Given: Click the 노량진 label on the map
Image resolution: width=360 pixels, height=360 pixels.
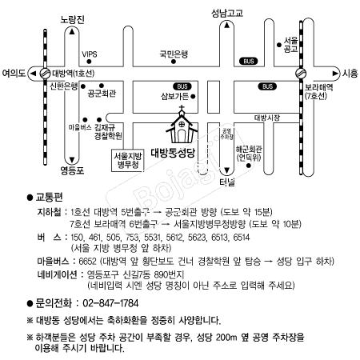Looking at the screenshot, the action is tap(72, 19).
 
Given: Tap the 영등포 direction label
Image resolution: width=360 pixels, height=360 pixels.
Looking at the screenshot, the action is tap(72, 170).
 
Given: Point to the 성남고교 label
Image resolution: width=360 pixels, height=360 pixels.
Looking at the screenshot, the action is tap(227, 13).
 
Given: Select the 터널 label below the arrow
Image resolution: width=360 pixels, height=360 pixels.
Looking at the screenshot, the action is tap(227, 182).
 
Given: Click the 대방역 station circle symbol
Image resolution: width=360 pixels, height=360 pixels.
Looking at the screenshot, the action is tap(45, 74).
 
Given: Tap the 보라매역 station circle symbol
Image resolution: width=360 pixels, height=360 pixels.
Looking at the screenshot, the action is tap(301, 74).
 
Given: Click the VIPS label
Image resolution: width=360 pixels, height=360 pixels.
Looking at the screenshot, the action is tap(90, 54).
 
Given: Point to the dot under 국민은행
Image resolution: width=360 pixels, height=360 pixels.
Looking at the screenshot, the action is tap(174, 62).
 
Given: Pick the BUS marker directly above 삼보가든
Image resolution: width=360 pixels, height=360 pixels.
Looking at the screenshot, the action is tap(182, 86).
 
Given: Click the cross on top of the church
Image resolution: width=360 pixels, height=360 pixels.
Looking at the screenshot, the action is tap(182, 108).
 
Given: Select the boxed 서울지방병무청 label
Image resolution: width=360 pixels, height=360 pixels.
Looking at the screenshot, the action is tap(127, 160).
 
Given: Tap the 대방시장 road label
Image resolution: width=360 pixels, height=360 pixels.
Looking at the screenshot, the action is tap(267, 118).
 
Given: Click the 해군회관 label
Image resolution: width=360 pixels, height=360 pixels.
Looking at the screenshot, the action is tap(249, 150).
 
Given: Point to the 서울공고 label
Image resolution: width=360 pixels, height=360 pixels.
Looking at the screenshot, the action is tap(290, 45).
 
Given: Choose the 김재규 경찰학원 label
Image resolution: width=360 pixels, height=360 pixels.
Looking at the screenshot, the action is tap(108, 131).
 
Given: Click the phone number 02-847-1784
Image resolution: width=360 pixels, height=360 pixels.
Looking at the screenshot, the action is tap(110, 303).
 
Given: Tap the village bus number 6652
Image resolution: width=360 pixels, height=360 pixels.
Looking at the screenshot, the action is tap(87, 262).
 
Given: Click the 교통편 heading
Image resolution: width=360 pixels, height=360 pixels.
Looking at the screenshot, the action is tap(49, 198).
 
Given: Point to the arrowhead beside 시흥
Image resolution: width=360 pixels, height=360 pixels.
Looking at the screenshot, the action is tap(335, 74).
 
